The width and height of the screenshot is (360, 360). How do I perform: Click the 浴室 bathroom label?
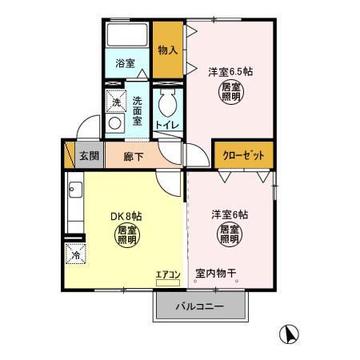(x=124, y=62)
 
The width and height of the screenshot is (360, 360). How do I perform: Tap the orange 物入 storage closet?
(x=167, y=50)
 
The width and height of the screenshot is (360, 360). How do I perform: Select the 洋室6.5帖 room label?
(x=230, y=71)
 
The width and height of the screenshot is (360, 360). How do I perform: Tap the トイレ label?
(x=166, y=126)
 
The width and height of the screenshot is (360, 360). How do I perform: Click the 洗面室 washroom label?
(x=138, y=111)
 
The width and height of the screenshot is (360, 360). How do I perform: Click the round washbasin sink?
(x=115, y=124)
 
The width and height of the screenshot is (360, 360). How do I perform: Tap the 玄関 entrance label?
(x=89, y=155)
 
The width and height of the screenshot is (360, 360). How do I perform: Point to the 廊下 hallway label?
(x=134, y=156)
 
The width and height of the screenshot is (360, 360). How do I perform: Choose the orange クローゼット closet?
(x=242, y=155)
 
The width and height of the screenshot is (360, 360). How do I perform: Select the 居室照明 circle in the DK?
(x=127, y=236)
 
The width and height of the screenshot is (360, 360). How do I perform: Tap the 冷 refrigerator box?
(x=74, y=256)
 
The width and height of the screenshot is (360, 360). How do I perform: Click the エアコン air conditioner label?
(x=169, y=275)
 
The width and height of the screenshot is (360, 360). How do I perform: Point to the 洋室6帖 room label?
(x=230, y=214)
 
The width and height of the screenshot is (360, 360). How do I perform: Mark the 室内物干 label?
(x=215, y=274)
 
